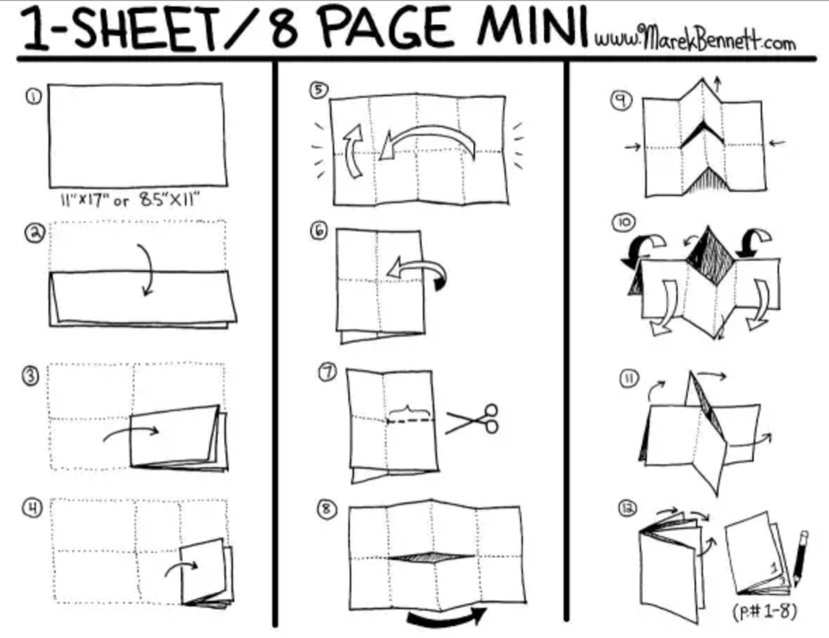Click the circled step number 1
click(34, 97)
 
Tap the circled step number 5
click(319, 90)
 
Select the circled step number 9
click(621, 100)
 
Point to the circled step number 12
click(628, 508)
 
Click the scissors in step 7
click(471, 420)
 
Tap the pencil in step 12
click(800, 559)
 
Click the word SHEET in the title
click(144, 29)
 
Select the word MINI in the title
click(533, 27)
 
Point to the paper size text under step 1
click(130, 199)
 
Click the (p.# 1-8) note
click(764, 611)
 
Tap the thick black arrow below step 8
click(447, 618)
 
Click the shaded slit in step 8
click(432, 557)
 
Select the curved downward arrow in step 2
click(149, 269)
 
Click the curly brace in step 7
click(409, 411)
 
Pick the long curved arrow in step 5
click(429, 132)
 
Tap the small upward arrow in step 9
click(717, 85)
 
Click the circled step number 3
click(31, 376)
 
